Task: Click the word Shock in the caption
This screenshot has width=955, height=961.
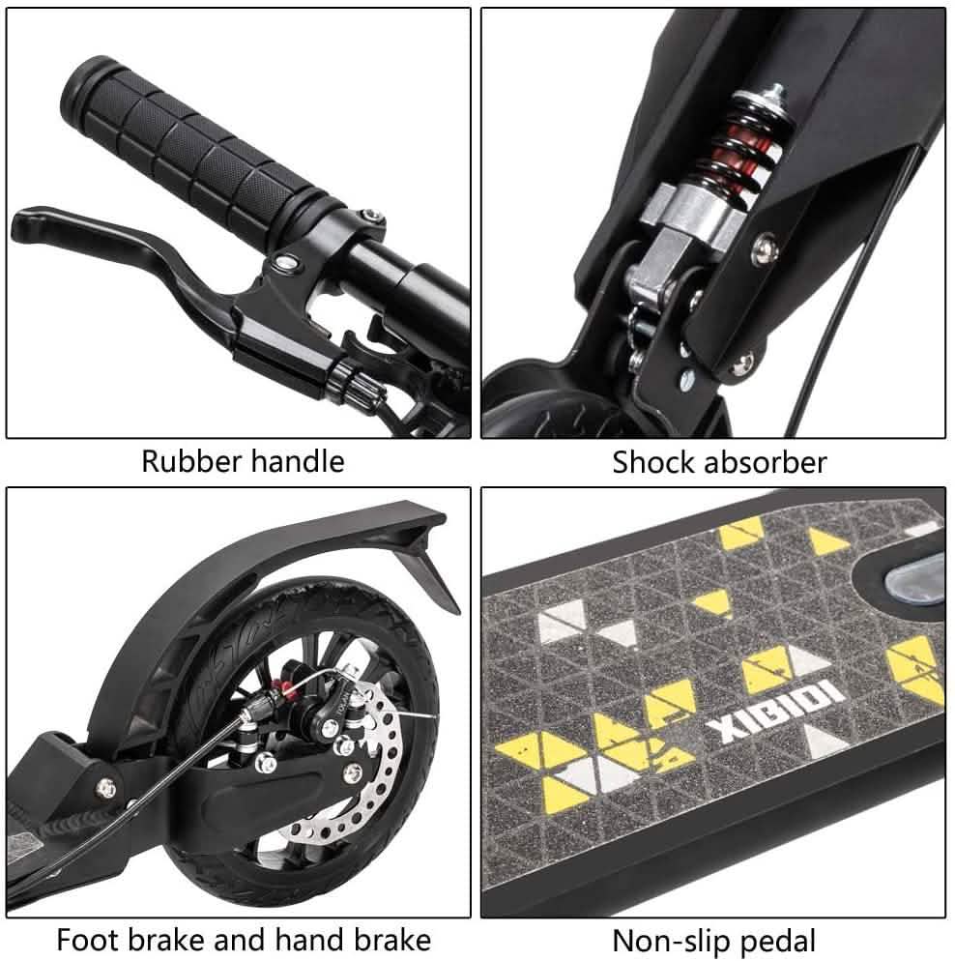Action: coord(654,462)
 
